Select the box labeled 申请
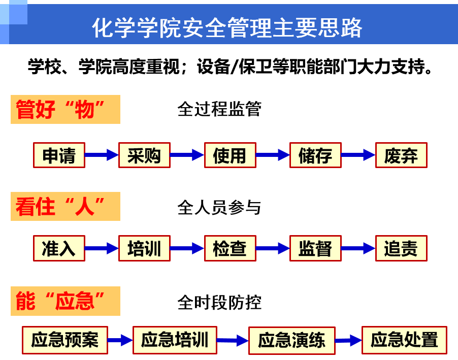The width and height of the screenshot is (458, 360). (59, 155)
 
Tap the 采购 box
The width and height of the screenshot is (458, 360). (144, 155)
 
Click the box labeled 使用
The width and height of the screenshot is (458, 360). (230, 155)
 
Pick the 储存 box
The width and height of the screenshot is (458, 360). (315, 155)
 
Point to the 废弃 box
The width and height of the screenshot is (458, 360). (401, 155)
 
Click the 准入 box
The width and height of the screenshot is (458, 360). (59, 248)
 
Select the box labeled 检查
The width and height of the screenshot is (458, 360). (230, 248)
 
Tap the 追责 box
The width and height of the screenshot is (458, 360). (401, 248)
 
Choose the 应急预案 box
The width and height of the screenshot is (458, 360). (65, 340)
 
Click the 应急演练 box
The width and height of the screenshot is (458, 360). (291, 340)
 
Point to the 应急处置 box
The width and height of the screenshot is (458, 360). (404, 340)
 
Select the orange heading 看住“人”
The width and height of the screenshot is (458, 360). (66, 207)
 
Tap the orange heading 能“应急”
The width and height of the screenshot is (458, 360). (66, 301)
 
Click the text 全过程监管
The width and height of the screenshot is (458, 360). (219, 109)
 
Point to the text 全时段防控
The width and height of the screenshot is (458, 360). (219, 303)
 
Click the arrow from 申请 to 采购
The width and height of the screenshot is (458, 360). (102, 155)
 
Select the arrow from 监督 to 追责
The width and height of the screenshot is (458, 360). (358, 248)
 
